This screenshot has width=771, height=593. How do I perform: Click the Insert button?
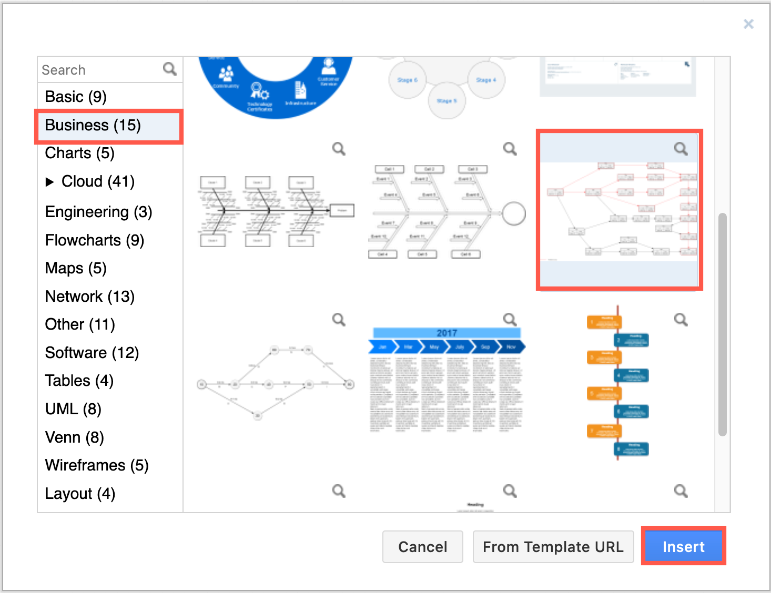(x=683, y=547)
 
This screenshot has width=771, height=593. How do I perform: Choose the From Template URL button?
(x=553, y=547)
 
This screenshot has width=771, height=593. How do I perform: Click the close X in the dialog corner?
(x=748, y=24)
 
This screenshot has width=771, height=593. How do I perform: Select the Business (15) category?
(x=93, y=125)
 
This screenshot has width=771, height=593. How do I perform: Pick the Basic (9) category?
(x=76, y=97)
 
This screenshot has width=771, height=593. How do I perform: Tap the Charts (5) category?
(x=79, y=153)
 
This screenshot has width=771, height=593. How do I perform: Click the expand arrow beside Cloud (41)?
(x=50, y=182)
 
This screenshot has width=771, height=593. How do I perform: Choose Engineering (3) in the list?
(x=98, y=212)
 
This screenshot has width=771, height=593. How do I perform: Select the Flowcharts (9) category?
(x=95, y=240)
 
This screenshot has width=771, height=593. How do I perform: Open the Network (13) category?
(x=90, y=296)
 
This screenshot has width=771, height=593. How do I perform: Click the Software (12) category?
(x=92, y=353)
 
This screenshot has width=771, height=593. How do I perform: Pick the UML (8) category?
(x=73, y=409)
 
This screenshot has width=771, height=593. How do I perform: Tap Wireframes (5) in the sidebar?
(x=97, y=465)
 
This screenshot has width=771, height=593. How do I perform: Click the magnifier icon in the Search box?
(x=170, y=69)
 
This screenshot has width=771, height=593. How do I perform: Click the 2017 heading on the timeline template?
(x=447, y=333)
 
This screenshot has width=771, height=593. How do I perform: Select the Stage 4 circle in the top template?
(x=486, y=80)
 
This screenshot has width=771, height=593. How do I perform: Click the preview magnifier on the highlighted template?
(x=681, y=149)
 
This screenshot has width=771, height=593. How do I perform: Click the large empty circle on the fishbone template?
(x=514, y=213)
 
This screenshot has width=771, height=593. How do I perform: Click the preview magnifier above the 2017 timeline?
(x=510, y=319)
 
